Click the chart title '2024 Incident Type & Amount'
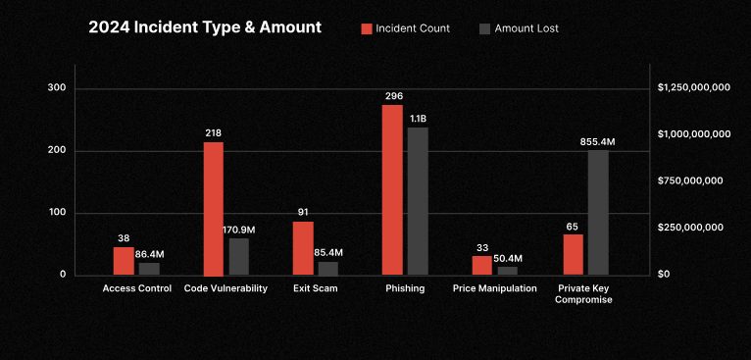205,27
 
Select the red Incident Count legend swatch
367,28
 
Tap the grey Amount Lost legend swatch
485,28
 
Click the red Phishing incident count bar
392,189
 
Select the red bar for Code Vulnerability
214,208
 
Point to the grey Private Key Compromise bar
598,212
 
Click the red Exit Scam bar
303,248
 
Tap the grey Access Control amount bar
149,268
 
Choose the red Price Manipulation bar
481,265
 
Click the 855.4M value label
598,142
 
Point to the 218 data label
214,132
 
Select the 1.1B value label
418,119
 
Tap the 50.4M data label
508,258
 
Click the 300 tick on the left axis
57,88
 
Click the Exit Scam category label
316,288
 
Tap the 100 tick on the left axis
57,213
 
